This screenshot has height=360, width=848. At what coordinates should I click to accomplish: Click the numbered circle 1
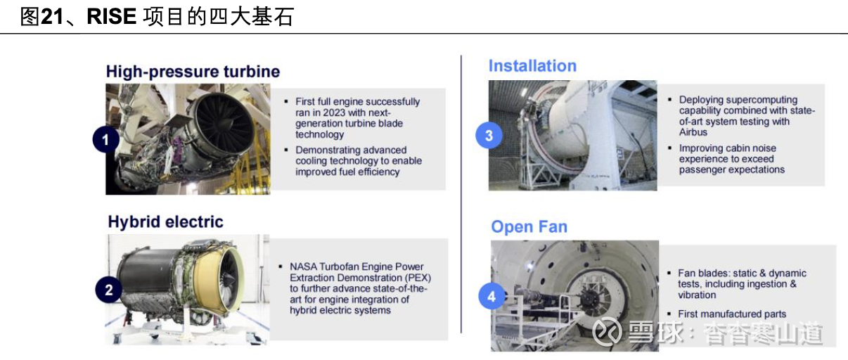pyautogui.click(x=106, y=140)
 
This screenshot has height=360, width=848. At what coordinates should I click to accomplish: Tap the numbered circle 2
pyautogui.click(x=109, y=290)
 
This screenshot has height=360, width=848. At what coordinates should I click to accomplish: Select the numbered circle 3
pyautogui.click(x=489, y=136)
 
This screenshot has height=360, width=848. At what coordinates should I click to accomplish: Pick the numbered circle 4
pyautogui.click(x=492, y=297)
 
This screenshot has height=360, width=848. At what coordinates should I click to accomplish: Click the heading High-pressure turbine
pyautogui.click(x=193, y=72)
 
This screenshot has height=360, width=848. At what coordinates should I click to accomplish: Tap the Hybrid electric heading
pyautogui.click(x=165, y=221)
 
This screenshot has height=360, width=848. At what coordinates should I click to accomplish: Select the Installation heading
pyautogui.click(x=532, y=66)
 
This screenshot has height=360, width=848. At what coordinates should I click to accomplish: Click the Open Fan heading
pyautogui.click(x=529, y=227)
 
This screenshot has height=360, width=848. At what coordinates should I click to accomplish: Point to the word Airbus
pyautogui.click(x=693, y=132)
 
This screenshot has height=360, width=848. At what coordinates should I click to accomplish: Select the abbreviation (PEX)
pyautogui.click(x=417, y=278)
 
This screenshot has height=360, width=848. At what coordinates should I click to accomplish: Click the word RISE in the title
pyautogui.click(x=111, y=17)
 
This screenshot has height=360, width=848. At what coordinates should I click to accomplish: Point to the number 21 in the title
pyautogui.click(x=52, y=17)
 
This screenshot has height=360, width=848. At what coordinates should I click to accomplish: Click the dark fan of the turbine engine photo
pyautogui.click(x=224, y=122)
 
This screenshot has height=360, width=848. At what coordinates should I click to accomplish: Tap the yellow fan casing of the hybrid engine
pyautogui.click(x=206, y=281)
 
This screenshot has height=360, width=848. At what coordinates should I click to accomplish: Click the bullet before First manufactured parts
pyautogui.click(x=669, y=314)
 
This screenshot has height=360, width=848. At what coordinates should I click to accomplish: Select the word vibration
pyautogui.click(x=697, y=295)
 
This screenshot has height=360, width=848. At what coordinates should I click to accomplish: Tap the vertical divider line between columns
pyautogui.click(x=461, y=194)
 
